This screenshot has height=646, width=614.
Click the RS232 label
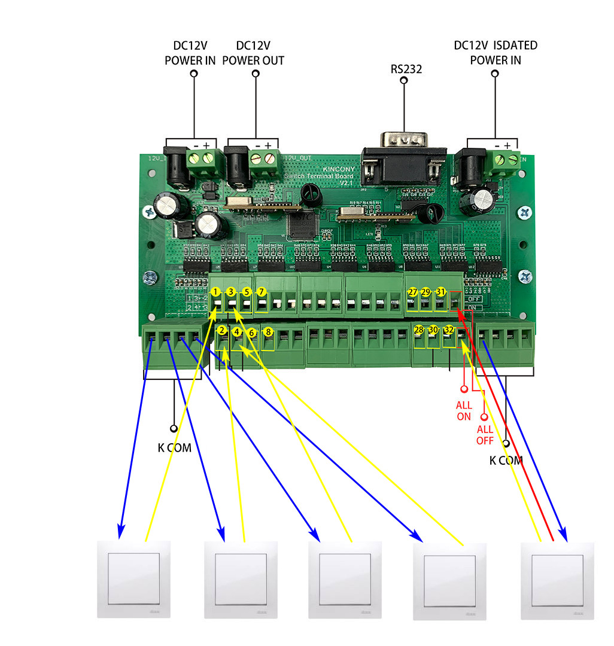[x=406, y=69]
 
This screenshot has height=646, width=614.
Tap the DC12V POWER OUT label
[x=253, y=53]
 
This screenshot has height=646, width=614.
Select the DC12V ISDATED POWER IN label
[x=496, y=53]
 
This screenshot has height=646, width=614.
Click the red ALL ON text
[x=464, y=411]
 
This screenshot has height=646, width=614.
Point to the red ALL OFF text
[x=485, y=435]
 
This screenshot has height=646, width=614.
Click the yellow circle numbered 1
[x=215, y=292]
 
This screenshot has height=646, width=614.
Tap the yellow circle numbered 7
[x=261, y=292]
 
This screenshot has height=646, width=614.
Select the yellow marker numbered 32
[x=449, y=330]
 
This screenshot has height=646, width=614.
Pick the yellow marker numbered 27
[x=412, y=292]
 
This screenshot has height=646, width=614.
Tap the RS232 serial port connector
[x=403, y=159]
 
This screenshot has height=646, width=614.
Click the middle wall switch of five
[x=344, y=580]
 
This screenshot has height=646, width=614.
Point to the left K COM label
[x=175, y=447]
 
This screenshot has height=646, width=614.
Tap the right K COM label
[x=506, y=461]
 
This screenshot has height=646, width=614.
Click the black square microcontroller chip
[x=300, y=223]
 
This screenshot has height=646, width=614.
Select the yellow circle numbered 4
[x=237, y=331]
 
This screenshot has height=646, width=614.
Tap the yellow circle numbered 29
[x=425, y=292]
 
